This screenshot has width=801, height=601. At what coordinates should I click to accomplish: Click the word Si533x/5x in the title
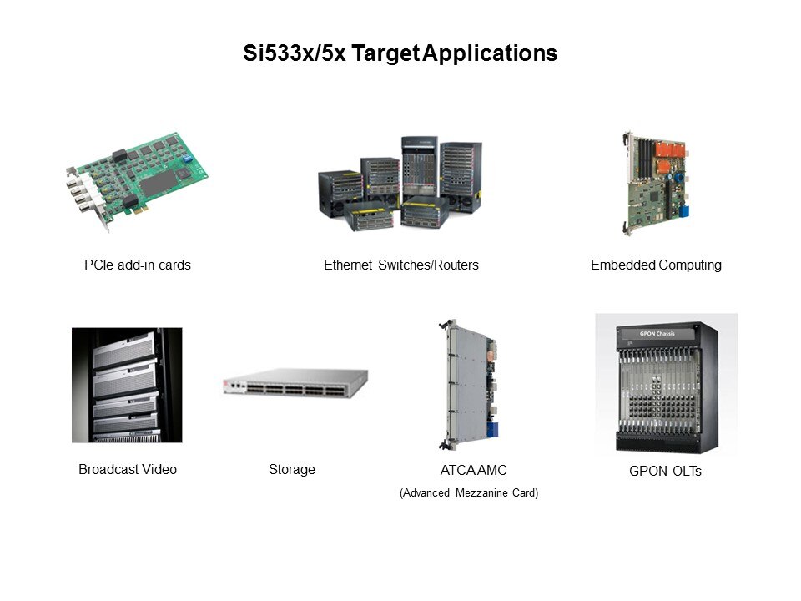click(x=295, y=53)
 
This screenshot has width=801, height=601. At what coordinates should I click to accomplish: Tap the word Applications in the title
click(x=490, y=53)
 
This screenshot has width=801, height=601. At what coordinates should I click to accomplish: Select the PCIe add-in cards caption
click(x=138, y=265)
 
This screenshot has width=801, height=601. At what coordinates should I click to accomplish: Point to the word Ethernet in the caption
click(x=348, y=265)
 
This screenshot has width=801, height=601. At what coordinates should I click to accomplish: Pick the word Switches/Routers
click(x=428, y=265)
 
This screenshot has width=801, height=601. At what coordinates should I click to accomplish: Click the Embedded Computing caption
click(x=656, y=265)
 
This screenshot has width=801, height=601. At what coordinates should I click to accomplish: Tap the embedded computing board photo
click(x=656, y=184)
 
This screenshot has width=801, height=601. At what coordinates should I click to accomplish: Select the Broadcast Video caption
click(x=128, y=469)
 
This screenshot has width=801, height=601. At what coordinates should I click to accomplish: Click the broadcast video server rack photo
click(x=127, y=385)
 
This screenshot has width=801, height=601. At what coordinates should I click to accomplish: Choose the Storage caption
click(x=292, y=470)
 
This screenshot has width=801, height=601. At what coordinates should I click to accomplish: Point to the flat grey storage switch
click(x=295, y=383)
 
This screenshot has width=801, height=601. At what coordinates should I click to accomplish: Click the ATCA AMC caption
click(x=474, y=470)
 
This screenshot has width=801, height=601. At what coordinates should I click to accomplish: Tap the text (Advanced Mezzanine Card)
click(x=469, y=492)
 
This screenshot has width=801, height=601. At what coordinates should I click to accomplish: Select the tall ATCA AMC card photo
click(x=468, y=385)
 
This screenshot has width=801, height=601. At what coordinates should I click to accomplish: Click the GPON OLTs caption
click(x=665, y=471)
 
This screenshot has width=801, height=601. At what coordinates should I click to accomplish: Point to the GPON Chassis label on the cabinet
click(x=657, y=333)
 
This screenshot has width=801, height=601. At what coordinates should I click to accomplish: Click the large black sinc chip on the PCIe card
click(x=158, y=183)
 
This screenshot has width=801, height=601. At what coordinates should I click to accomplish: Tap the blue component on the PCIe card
click(x=188, y=158)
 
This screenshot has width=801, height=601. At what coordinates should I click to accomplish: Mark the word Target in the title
click(x=385, y=53)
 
